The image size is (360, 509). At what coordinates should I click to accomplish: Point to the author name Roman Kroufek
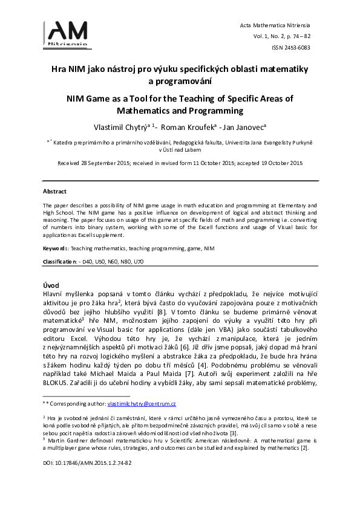coord(187,127)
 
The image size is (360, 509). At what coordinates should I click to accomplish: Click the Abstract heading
coord(54,191)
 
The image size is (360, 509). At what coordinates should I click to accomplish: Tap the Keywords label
coord(55,248)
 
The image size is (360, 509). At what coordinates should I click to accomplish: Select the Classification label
coord(59,261)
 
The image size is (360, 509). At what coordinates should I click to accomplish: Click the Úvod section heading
coord(51,284)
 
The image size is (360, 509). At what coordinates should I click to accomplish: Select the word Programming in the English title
coord(214,111)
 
